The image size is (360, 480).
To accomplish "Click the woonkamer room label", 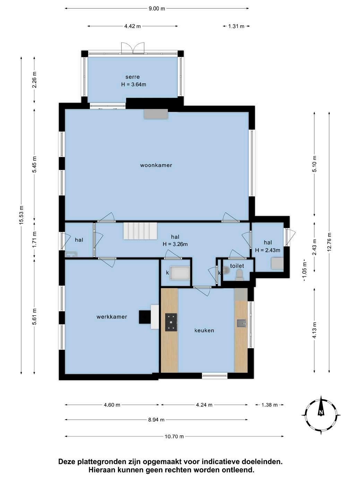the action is pos(156,165).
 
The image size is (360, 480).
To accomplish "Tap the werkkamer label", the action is pos(112,317).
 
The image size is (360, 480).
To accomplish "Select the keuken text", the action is pos(204,331).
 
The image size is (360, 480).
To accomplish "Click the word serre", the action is pos(132,77).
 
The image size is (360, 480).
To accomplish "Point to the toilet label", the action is pos(237,266).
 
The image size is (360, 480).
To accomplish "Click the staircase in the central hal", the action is pos(140,231).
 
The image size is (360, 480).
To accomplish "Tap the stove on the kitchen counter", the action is pos(171,322).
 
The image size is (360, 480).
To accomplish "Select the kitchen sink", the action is pos(241,323).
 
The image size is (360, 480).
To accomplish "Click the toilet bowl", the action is pos(239,275).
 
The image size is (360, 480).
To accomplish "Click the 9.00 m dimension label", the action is pos(157,9).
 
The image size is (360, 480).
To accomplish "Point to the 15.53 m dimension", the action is pos(22,215).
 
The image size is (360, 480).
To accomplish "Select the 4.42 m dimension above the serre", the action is pos(132,26).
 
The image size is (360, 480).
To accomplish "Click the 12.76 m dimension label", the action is pos(329,242).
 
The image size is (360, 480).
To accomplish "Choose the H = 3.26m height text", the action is pos(175,244).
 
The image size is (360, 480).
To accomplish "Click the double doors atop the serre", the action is pos(133,48).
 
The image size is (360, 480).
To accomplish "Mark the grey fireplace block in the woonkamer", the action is pos(156,114).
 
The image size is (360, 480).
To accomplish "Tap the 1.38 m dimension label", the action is pos(269,405).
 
